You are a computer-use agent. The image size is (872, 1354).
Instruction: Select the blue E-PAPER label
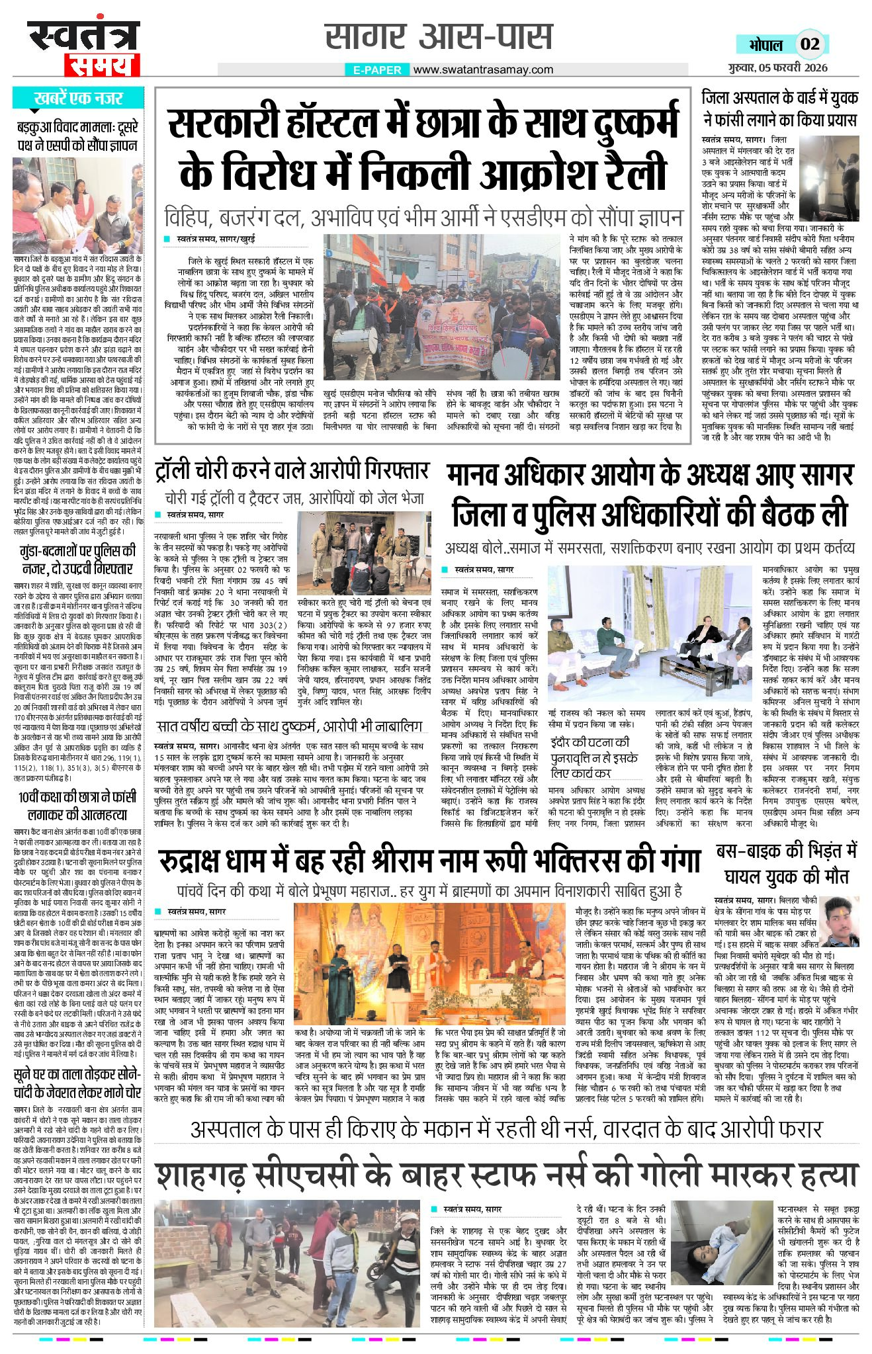[377, 70]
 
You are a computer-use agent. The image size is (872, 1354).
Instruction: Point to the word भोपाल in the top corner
[765, 45]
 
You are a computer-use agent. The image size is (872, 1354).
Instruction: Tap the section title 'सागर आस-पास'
[439, 36]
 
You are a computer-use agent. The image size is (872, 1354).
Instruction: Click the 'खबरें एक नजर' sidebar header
[78, 99]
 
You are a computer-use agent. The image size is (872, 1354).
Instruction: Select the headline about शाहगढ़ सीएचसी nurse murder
[506, 1175]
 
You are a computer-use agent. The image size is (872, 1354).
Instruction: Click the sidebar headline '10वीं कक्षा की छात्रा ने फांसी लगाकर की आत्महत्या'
[78, 806]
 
